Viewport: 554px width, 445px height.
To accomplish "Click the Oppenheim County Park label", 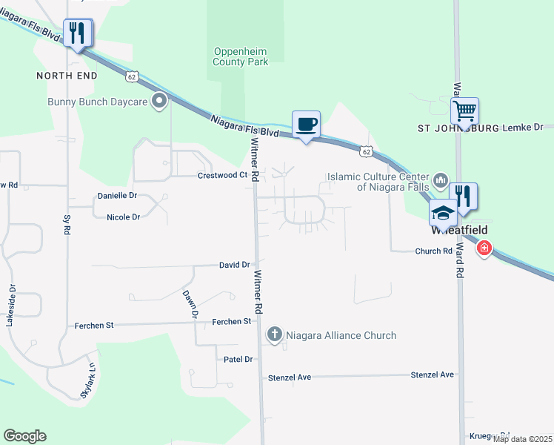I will [x=241, y=56].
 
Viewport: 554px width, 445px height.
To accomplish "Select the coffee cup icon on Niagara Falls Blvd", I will [x=306, y=125].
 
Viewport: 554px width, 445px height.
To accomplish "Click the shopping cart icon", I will [x=464, y=111].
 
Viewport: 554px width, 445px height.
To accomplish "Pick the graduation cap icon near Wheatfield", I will [x=444, y=213].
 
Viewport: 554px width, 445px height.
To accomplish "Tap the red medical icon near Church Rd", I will [x=484, y=248].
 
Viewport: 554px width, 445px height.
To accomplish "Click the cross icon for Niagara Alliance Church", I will [x=275, y=335].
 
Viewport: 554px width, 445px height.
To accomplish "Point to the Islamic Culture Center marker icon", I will [x=441, y=179].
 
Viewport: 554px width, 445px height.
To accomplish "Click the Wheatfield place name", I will [x=458, y=230].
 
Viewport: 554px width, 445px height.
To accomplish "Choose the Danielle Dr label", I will [x=117, y=196].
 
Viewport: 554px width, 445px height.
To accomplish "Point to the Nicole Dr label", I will [x=123, y=217].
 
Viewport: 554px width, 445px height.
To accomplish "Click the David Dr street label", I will [x=234, y=265].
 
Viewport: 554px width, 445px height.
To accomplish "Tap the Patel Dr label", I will [x=238, y=359].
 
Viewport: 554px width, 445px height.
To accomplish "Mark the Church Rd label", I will [x=433, y=251].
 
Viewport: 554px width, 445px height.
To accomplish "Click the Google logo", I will [x=24, y=436].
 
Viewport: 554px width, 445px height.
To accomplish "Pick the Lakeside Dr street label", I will [x=10, y=304].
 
